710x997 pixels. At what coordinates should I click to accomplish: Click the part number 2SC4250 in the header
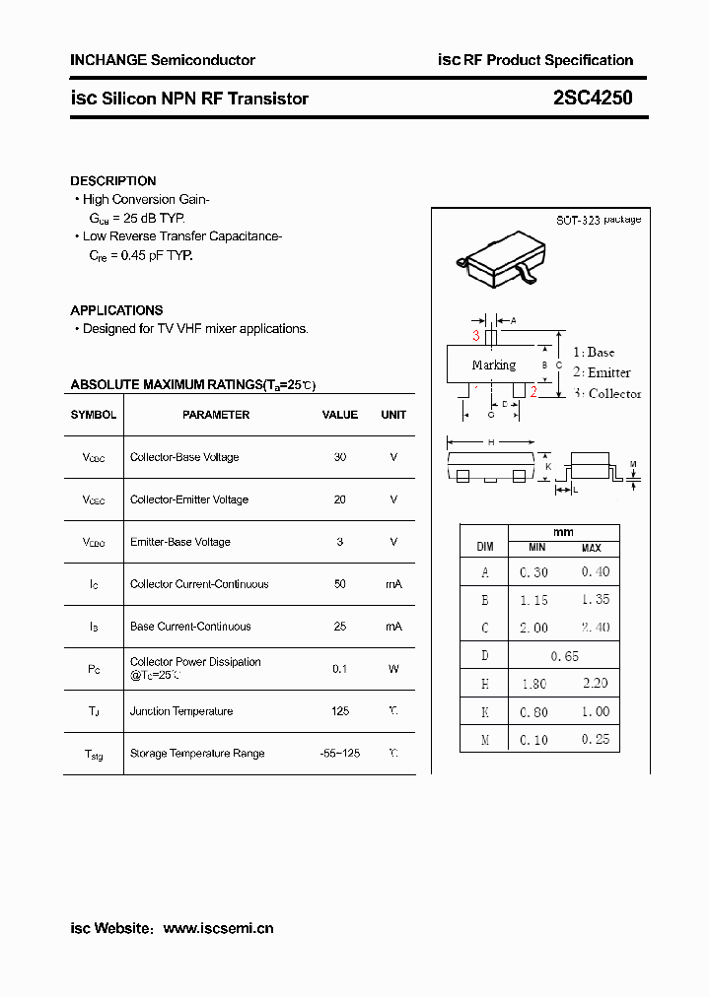(593, 98)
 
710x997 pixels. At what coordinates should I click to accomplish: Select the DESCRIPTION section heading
(112, 181)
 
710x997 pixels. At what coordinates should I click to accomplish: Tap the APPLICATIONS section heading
(116, 310)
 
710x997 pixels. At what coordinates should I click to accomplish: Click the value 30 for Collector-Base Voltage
(340, 457)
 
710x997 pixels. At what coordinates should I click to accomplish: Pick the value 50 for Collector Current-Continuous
(340, 584)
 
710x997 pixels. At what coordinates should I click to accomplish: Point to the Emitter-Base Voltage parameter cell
(180, 542)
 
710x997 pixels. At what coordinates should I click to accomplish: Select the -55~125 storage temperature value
(340, 754)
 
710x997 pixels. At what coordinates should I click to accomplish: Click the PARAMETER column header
(216, 415)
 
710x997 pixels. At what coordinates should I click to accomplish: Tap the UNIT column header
(393, 415)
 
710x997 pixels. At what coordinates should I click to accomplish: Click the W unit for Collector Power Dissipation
(393, 669)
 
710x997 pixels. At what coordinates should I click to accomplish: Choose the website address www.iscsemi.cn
(218, 928)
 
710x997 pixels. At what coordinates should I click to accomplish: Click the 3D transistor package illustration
(499, 259)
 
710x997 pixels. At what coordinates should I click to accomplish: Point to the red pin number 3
(475, 336)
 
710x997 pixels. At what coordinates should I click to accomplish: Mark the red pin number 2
(533, 392)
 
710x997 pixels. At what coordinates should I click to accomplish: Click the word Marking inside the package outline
(493, 366)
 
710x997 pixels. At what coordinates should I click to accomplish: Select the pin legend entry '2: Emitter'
(602, 372)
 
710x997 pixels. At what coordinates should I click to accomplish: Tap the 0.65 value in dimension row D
(564, 656)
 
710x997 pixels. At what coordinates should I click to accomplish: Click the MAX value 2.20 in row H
(595, 683)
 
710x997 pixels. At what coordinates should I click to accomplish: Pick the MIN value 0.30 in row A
(533, 572)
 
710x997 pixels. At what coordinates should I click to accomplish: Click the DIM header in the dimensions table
(484, 545)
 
